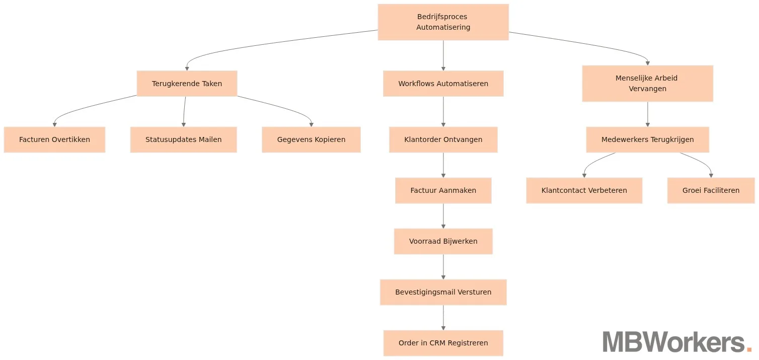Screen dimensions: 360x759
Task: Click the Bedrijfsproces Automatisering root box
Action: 443,22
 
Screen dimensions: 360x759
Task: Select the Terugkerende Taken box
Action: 187,84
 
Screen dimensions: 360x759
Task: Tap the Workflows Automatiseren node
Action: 443,84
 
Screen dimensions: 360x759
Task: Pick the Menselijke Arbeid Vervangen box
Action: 647,84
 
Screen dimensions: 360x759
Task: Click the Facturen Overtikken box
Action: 54,139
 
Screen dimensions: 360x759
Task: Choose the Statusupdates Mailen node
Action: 183,139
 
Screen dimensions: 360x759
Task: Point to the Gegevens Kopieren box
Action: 311,139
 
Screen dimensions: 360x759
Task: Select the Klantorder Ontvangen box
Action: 443,139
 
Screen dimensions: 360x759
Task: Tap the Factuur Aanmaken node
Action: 443,190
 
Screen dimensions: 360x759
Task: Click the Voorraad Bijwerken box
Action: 443,241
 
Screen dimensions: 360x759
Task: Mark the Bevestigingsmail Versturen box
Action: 443,292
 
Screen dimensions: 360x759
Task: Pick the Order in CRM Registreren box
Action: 443,343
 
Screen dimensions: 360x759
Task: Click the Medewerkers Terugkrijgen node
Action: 647,139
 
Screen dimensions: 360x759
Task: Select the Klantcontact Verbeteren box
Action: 584,190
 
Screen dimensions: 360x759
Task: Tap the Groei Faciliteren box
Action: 711,190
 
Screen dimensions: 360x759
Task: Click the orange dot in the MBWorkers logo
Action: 748,349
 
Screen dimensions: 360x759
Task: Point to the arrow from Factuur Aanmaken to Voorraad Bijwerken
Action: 443,216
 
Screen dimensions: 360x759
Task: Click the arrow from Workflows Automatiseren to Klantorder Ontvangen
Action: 443,111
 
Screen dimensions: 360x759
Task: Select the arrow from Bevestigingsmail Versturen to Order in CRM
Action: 443,318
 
